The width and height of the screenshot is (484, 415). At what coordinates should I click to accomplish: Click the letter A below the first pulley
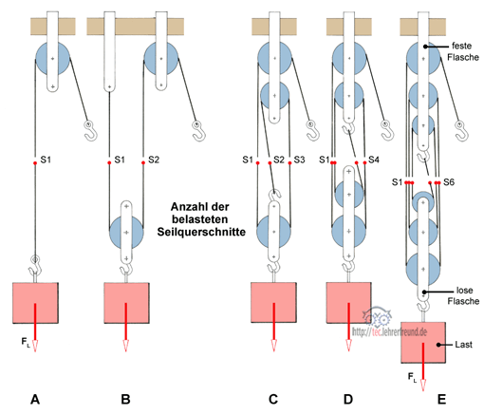point(35,399)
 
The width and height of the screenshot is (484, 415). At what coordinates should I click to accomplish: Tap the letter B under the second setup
point(125,399)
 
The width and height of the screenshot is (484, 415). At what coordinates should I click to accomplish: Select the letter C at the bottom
point(273,399)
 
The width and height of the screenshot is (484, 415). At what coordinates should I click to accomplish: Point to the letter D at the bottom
point(348,399)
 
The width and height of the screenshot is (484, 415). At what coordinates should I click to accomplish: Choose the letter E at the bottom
point(441,399)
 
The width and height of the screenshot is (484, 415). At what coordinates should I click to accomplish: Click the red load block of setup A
point(35,303)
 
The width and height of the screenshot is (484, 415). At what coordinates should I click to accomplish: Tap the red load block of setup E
point(423,342)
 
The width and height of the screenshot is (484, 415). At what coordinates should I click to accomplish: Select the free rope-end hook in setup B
point(199,130)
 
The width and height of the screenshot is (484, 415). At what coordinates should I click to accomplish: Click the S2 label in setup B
point(154,160)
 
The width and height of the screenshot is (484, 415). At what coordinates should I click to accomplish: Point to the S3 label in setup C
point(299,160)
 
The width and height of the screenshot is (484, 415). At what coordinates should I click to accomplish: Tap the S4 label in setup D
point(374,160)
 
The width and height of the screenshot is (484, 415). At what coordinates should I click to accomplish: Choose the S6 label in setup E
point(449,182)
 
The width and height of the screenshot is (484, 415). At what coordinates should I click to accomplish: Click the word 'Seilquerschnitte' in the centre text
point(201,232)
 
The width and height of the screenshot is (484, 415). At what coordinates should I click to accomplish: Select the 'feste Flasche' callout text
point(462,51)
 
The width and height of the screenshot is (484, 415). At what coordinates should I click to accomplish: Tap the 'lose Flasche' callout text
point(463,295)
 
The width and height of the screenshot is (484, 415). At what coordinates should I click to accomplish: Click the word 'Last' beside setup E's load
point(463,345)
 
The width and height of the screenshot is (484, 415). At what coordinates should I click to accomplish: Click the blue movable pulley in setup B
point(126,232)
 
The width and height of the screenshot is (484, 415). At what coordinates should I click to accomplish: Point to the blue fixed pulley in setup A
point(52,59)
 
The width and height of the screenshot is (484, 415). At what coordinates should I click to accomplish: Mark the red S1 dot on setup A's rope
point(35,162)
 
